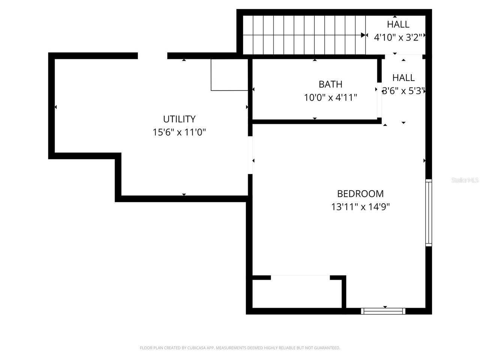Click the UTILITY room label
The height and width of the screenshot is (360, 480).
click(179, 119)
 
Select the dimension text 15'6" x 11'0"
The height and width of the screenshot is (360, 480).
click(179, 132)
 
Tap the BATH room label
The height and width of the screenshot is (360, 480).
click(330, 84)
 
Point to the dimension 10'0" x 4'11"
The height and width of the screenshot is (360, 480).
click(330, 97)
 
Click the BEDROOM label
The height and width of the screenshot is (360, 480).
click(360, 193)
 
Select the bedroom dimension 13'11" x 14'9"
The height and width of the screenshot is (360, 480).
click(360, 207)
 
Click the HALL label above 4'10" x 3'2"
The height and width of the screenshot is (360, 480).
click(398, 24)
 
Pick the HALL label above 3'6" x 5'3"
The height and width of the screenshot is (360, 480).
click(403, 78)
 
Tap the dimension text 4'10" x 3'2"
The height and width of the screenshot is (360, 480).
click(398, 37)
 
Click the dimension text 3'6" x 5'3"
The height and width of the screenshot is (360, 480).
click(403, 91)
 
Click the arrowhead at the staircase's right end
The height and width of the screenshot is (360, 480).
click(363, 35)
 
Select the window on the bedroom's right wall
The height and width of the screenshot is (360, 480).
click(429, 213)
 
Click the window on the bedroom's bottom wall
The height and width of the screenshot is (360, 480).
click(383, 311)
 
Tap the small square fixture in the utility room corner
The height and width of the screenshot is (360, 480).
click(229, 75)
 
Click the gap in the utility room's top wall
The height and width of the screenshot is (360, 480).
click(152, 56)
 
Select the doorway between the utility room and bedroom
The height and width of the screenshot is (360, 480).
click(250, 155)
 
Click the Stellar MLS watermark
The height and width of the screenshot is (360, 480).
click(465, 180)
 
